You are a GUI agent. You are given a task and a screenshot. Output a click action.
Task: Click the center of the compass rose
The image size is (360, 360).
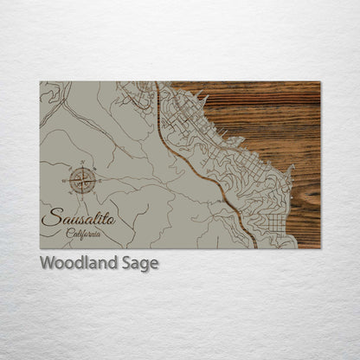coord(82,180)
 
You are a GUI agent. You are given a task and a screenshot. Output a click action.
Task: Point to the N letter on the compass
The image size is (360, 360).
coord(82,163)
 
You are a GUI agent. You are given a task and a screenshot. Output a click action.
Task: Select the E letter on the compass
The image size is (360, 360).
coord(99,180)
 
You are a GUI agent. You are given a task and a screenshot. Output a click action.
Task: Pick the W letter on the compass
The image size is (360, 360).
coord(66,180)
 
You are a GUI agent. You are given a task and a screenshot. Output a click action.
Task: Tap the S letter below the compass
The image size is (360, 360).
coord(82,197)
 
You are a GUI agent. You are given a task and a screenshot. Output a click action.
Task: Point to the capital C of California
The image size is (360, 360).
coord(67,234)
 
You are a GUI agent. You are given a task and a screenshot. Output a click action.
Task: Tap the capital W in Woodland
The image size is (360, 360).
coord(47,263)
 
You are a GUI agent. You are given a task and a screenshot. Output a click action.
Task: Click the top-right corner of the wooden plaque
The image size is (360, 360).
coord(319,82)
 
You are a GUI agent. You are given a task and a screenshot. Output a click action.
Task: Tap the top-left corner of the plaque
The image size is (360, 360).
coord(41,82)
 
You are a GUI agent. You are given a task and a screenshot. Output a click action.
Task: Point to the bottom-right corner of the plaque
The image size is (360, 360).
coord(319,247)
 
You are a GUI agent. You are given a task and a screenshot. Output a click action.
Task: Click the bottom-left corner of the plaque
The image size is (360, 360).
coord(41,247)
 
